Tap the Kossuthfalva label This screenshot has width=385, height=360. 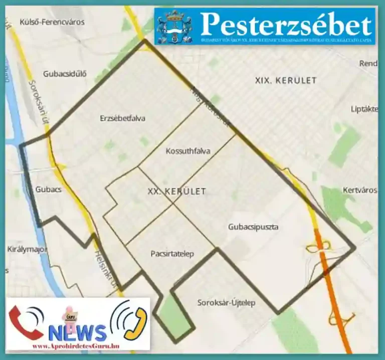click(187, 151)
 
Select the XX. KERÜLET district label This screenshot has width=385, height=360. click(177, 191)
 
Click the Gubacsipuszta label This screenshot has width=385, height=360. click(253, 227)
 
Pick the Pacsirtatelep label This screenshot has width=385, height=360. click(172, 254)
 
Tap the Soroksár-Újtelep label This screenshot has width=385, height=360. click(226, 302)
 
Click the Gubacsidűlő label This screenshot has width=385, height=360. click(65, 73)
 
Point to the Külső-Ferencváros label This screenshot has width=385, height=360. click(52, 22)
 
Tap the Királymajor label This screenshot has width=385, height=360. click(23, 249)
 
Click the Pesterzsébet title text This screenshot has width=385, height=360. click(286, 24)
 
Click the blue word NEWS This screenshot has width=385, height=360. click(78, 332)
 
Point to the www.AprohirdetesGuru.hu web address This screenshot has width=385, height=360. click(75, 346)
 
